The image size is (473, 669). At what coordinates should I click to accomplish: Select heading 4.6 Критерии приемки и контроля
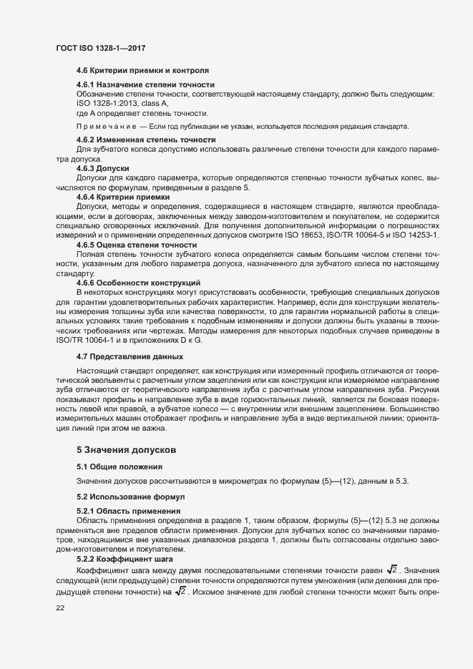(142, 71)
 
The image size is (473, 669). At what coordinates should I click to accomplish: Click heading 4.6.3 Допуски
(102, 167)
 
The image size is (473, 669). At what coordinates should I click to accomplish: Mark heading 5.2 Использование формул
(130, 496)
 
